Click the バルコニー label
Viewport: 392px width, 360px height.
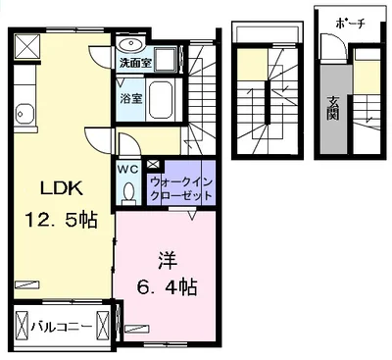[x=60, y=325]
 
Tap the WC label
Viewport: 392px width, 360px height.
[x=129, y=169]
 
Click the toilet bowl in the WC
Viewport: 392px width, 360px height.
[x=128, y=191]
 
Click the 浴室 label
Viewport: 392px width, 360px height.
[x=131, y=98]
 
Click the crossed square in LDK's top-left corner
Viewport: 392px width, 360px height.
[x=26, y=44]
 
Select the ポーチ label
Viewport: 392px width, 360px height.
[x=349, y=24]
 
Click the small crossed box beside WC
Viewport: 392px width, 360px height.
[x=152, y=164]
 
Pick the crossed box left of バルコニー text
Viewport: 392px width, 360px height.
[x=21, y=325]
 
